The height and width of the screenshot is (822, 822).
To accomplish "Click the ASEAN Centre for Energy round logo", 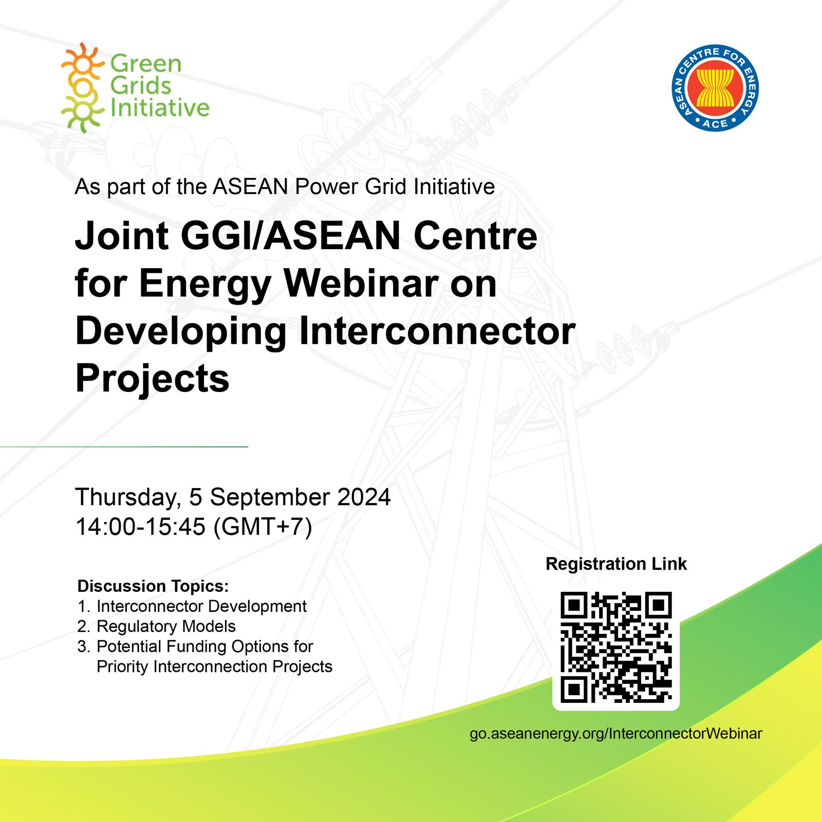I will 715,88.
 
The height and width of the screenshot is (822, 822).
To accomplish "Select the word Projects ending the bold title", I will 152,379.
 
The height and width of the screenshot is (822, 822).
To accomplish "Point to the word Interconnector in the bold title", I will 437,331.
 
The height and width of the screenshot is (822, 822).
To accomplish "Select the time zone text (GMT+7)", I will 263,527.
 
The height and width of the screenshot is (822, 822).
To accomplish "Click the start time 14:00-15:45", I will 140,527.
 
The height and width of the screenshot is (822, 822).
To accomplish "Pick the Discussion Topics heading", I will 153,586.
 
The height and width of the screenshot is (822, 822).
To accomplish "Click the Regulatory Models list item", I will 165,626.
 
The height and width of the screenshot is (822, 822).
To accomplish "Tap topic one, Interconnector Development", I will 201,606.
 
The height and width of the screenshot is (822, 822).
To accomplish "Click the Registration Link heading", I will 615,564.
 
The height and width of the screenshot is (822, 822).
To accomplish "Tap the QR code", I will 615,647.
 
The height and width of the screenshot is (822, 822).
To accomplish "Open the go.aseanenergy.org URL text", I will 615,734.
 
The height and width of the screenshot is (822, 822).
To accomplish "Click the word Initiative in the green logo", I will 160,108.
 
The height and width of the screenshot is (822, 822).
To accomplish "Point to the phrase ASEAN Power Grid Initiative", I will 353,187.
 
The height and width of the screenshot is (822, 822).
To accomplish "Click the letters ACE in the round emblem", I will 715,123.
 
